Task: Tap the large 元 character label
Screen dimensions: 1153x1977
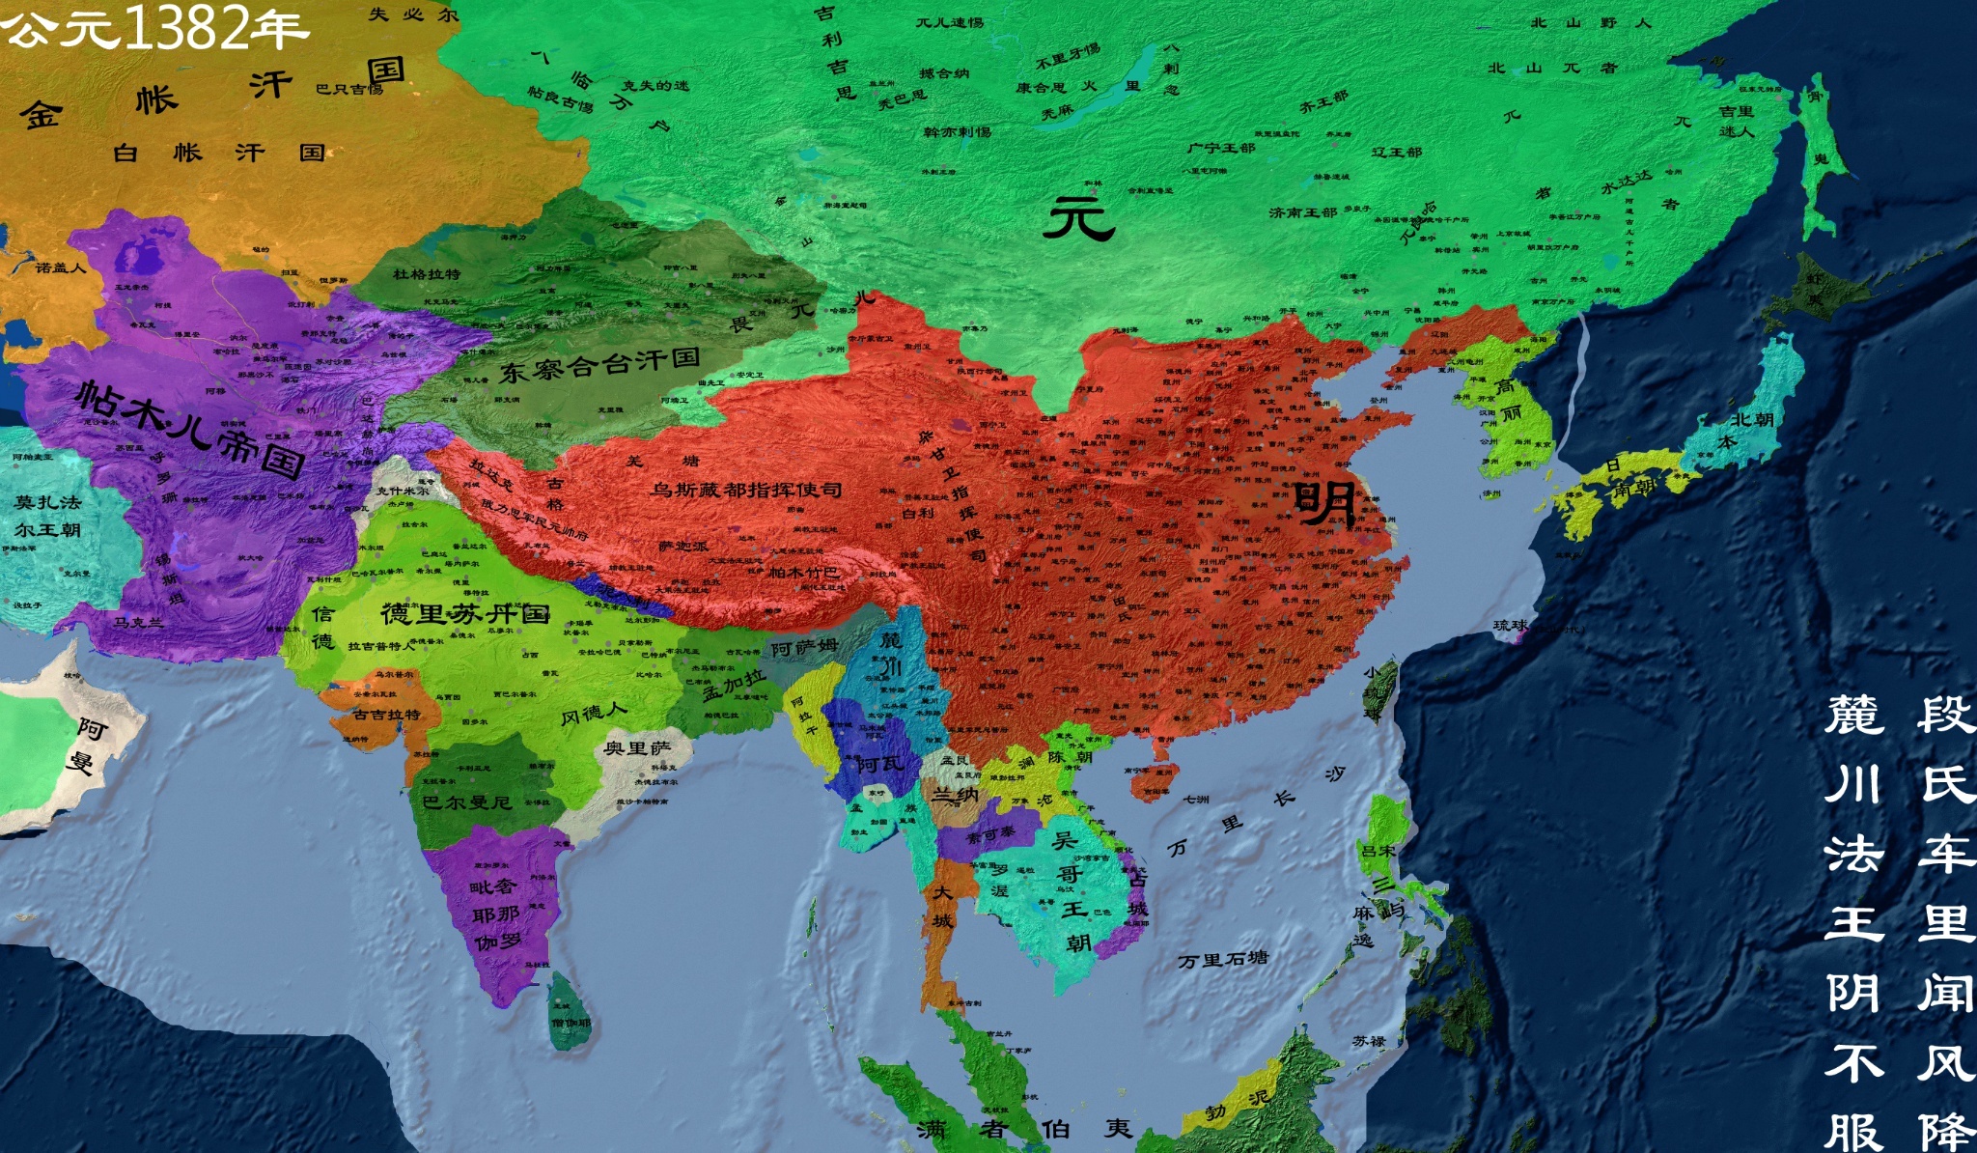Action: point(1078,217)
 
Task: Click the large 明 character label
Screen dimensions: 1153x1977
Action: point(1324,502)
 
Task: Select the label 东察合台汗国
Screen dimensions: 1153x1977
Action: point(599,365)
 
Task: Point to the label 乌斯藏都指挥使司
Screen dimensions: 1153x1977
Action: point(745,491)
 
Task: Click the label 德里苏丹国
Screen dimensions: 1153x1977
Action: point(465,613)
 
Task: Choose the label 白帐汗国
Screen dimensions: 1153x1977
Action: point(219,153)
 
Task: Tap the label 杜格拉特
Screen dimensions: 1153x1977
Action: point(426,274)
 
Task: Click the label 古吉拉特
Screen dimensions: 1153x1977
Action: point(386,715)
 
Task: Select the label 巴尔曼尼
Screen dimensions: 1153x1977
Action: point(465,802)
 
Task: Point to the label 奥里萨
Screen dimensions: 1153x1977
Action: point(637,748)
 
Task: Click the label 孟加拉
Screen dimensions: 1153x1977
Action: point(734,685)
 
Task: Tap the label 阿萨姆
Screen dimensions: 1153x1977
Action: point(804,648)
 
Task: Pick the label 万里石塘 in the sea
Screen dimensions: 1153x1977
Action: point(1222,960)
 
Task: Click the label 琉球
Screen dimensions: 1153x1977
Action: point(1511,626)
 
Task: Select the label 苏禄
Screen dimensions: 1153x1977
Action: point(1369,1041)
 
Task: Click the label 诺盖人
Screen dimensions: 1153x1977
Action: point(61,267)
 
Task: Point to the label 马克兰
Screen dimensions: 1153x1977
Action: point(139,622)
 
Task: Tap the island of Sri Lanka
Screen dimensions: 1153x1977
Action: point(570,1014)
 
